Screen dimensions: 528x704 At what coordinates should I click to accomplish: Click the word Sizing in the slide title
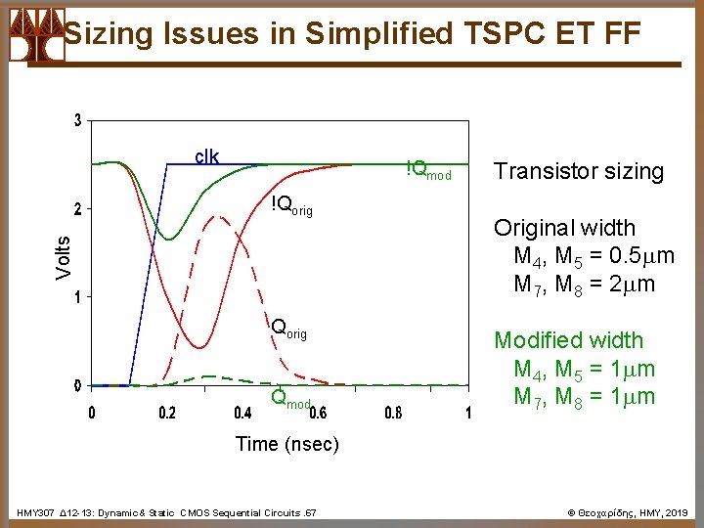pos(108,34)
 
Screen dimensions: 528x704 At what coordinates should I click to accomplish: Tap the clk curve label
pos(206,156)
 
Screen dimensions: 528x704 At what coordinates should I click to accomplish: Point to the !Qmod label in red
pos(428,170)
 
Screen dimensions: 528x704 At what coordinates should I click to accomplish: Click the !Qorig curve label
pos(291,205)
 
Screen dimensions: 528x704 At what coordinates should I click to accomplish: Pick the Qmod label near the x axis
pos(290,400)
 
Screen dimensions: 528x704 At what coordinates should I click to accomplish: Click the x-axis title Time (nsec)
pos(286,444)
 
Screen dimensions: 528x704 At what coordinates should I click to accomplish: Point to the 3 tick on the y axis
pos(78,121)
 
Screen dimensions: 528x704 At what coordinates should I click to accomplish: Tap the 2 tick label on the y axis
pos(78,208)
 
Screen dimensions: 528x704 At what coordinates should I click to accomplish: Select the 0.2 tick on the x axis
pos(167,413)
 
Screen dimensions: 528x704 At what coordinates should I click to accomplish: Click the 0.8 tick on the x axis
pos(392,413)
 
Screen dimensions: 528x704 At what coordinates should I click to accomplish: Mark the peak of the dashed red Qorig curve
pos(220,217)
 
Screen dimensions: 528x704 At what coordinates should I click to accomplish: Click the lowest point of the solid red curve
pos(198,347)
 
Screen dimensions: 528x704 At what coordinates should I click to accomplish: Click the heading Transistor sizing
pos(578,172)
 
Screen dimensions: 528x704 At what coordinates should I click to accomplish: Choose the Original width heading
pos(564,228)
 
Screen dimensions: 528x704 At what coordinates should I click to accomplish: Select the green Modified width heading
pos(568,340)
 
